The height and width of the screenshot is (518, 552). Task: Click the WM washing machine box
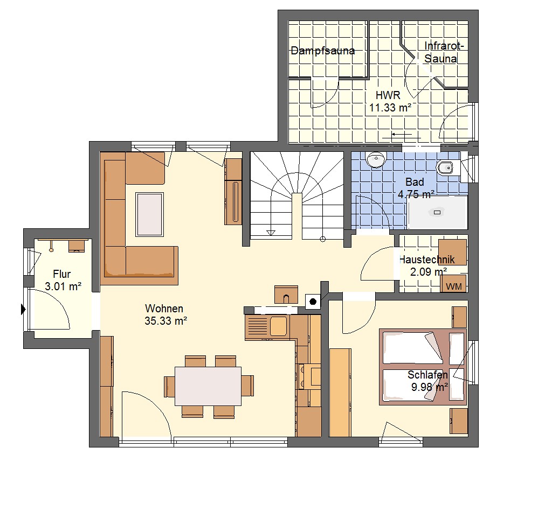point(453,284)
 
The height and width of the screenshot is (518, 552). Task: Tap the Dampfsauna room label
point(322,51)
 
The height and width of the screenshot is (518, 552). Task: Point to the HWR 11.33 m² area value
point(390,107)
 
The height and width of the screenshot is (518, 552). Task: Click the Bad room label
point(415,182)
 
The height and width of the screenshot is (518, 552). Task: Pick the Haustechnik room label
point(427,260)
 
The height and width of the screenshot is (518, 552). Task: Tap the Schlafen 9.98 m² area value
point(429,387)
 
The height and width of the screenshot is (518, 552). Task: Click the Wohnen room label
point(164,309)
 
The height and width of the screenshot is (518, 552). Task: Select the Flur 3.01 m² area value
point(63,286)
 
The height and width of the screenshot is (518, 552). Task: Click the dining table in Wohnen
point(208,386)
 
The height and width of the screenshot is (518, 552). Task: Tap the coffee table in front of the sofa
point(150,214)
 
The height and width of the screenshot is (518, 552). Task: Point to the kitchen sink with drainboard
point(266,327)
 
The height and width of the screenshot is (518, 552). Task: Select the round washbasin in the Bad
point(376,159)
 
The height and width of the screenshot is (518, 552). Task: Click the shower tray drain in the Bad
point(437,212)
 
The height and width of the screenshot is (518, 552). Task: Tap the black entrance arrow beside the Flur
point(23,310)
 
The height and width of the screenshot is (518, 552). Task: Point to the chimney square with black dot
point(313,302)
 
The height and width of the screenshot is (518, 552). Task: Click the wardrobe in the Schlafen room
point(341,393)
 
